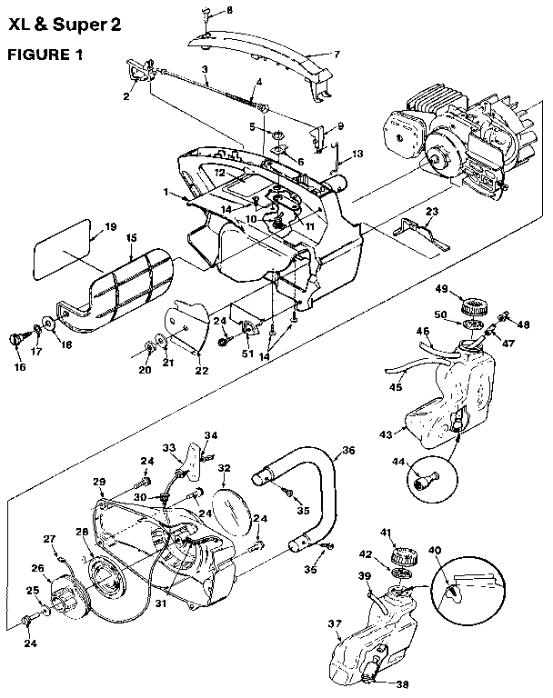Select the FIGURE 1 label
45,54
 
